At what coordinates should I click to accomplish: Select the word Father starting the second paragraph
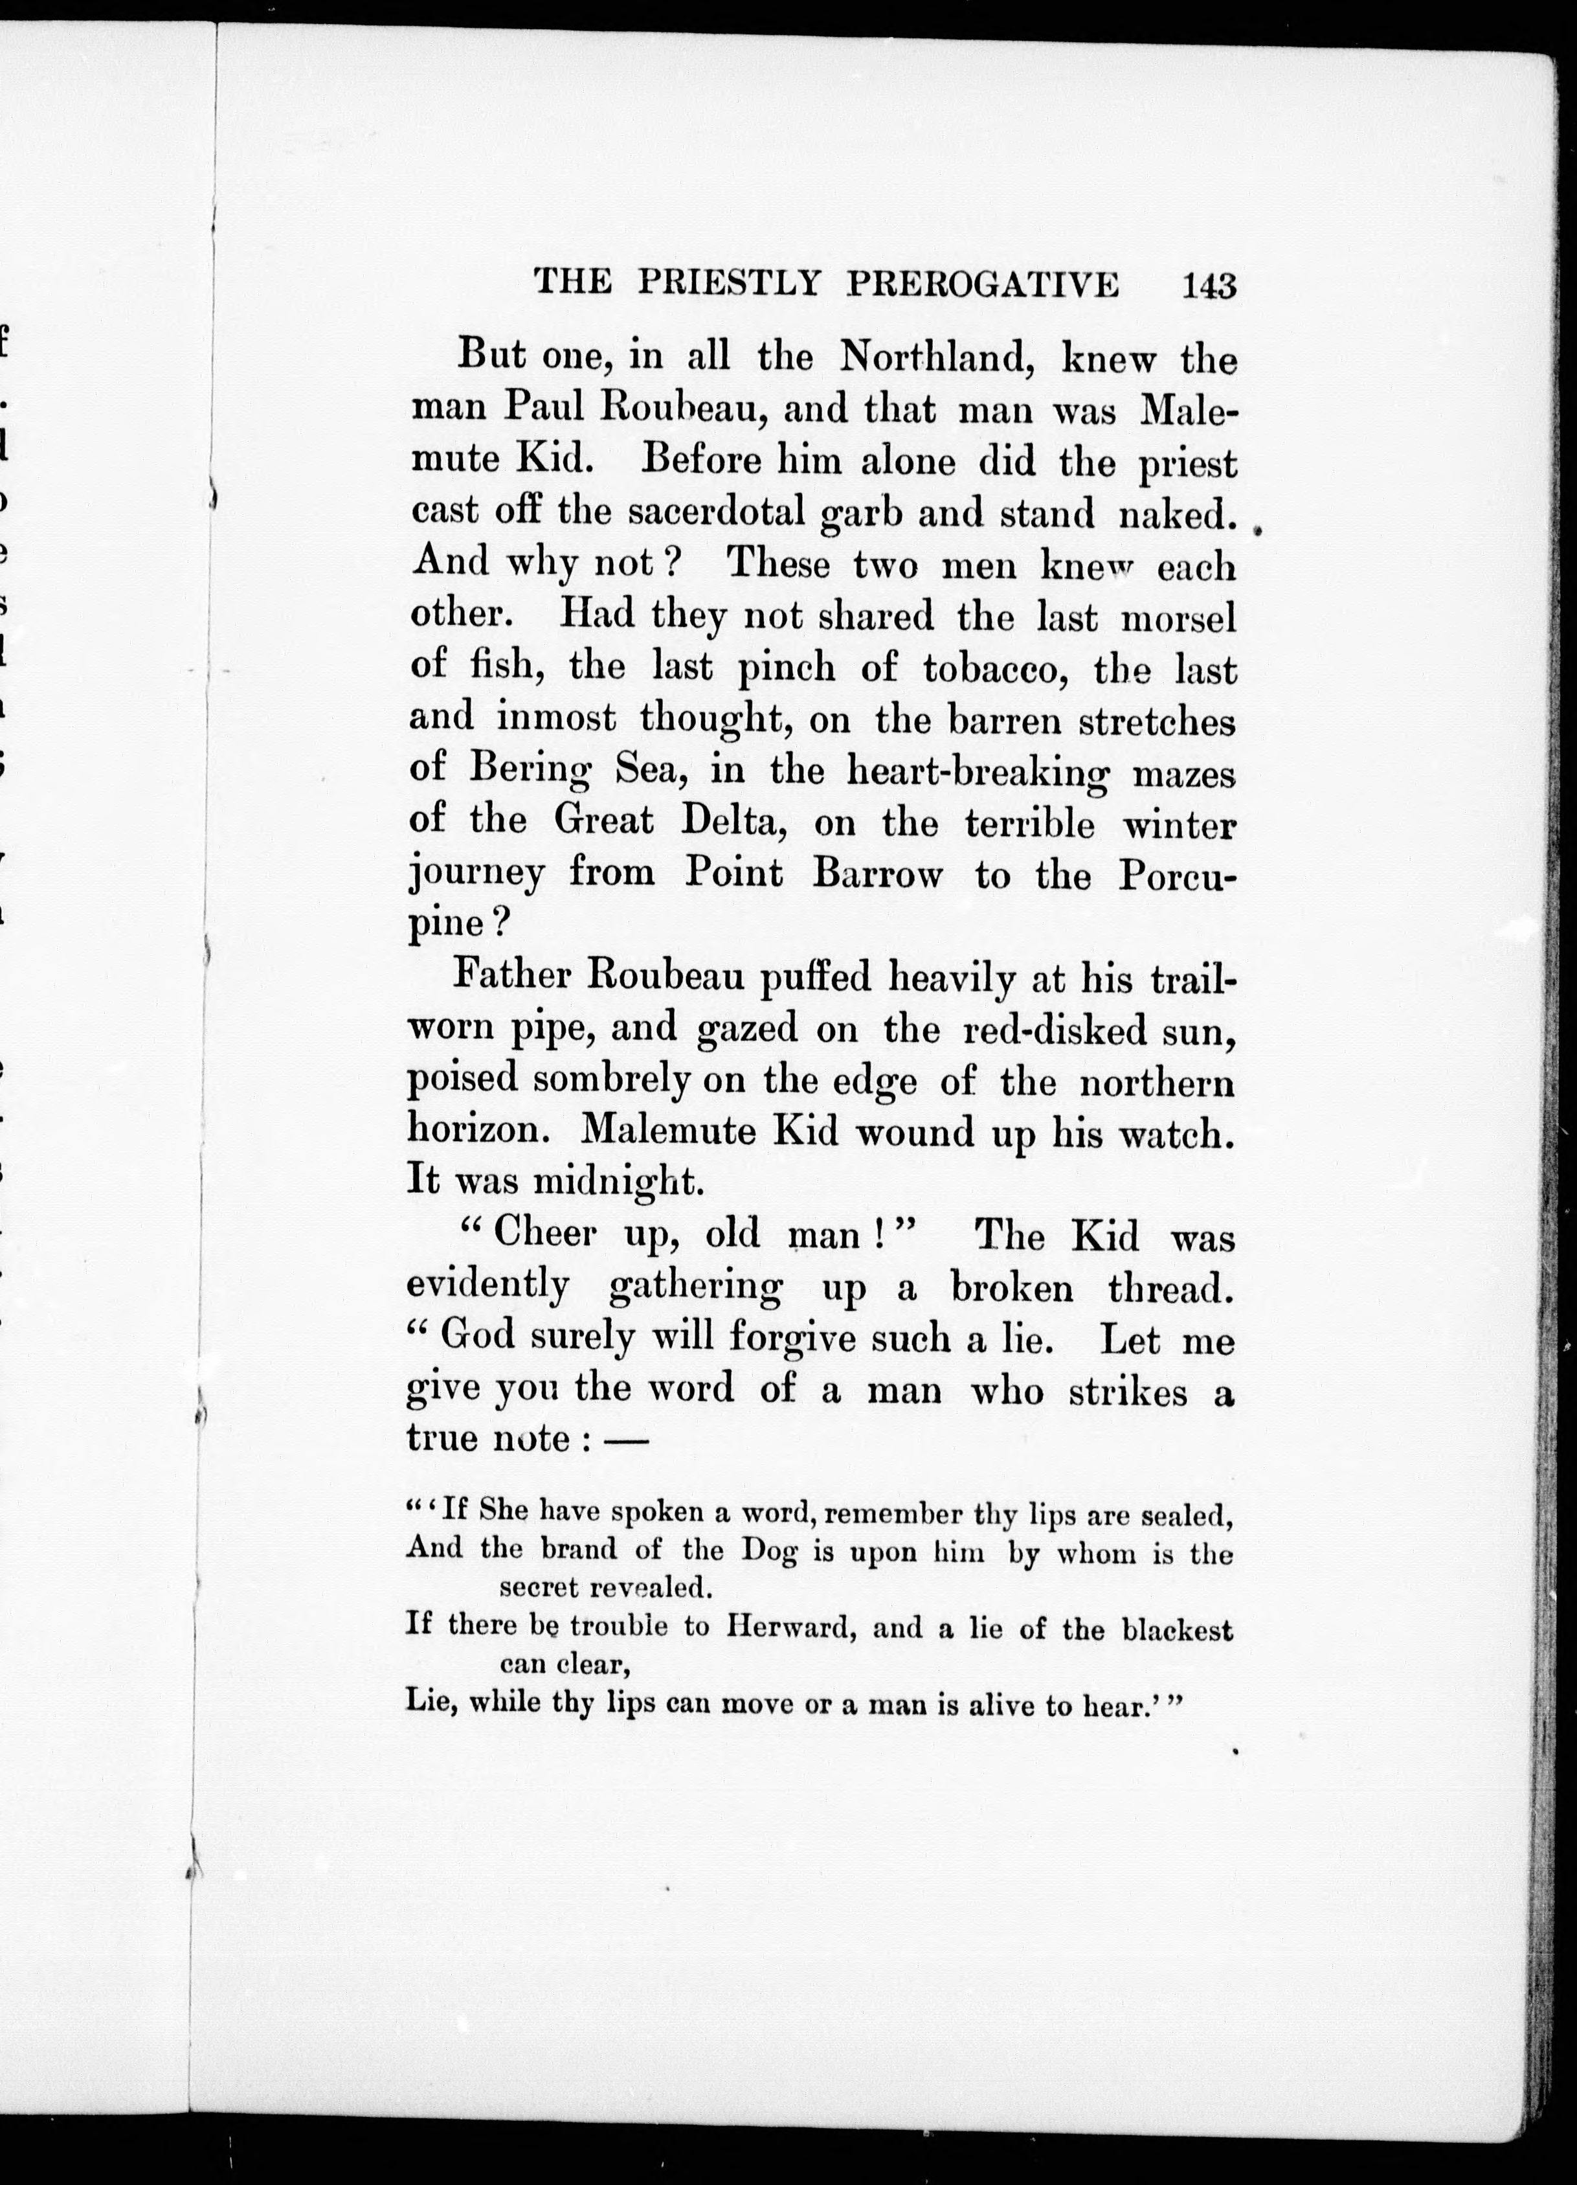click(511, 978)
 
